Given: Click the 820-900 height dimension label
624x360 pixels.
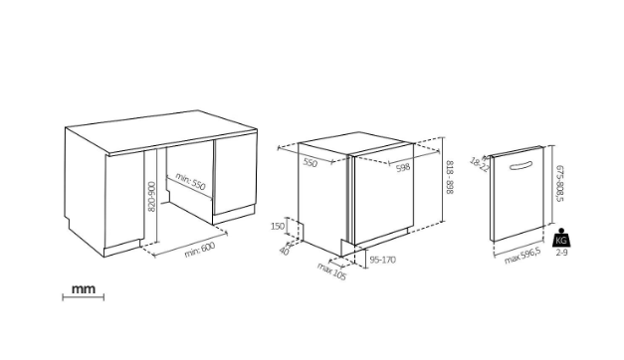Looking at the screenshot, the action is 151,197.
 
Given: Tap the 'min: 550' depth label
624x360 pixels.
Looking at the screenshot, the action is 190,182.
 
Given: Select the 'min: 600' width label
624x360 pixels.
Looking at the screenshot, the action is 200,250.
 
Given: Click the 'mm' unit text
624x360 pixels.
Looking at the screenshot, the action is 84,288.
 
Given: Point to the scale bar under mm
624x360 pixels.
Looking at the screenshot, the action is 84,296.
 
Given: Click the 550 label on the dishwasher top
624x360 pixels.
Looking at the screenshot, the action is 311,162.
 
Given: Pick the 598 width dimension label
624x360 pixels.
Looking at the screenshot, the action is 403,168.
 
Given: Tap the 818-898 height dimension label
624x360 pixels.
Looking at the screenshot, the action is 449,177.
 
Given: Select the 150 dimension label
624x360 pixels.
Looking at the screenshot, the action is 278,227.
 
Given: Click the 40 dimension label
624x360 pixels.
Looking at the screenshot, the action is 285,251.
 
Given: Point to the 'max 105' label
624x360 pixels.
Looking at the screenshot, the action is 331,271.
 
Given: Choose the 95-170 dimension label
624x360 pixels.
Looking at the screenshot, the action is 383,260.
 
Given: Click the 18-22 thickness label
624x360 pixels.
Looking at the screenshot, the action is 479,165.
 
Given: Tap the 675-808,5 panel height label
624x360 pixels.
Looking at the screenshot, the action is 559,183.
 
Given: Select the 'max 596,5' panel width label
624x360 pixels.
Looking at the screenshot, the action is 522,256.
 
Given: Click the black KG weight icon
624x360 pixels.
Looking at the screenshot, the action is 561,238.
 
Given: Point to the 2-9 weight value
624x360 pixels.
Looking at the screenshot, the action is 561,253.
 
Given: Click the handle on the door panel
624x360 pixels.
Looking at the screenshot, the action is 520,165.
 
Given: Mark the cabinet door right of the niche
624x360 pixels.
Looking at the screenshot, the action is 235,174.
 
